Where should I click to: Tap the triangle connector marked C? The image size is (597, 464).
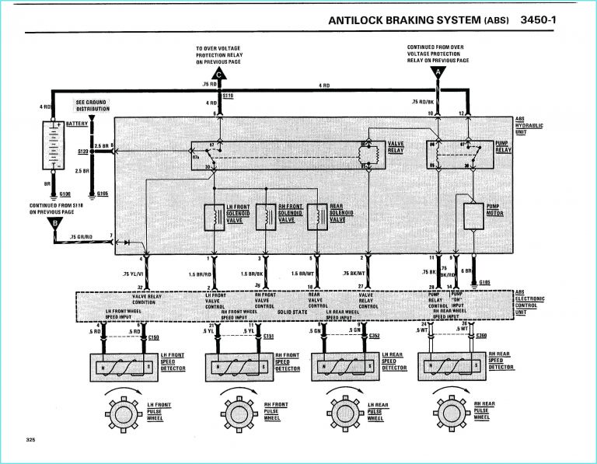point(220,75)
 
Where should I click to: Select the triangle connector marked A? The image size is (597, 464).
point(438,74)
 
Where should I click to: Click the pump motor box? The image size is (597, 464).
point(473,216)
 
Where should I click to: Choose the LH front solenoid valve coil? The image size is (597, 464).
point(212,217)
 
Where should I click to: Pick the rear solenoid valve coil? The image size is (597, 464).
point(318,217)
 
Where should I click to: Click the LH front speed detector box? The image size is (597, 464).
point(123,365)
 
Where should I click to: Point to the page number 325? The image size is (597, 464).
point(31,441)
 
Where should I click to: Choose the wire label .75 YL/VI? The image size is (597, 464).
point(132,274)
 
